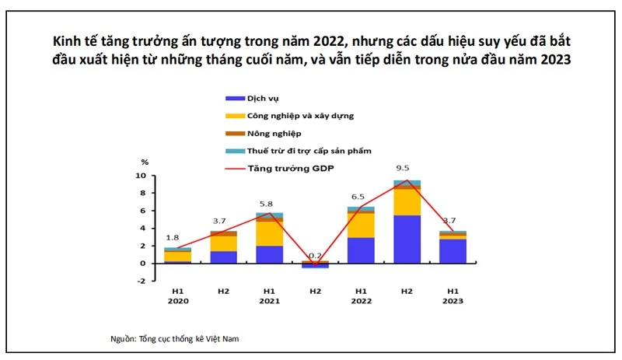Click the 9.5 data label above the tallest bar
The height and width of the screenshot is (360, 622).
[x=402, y=167]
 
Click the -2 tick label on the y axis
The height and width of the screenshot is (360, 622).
[x=142, y=281]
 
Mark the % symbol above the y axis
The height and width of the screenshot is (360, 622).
[x=145, y=163]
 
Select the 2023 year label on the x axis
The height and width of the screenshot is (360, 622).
[x=452, y=302]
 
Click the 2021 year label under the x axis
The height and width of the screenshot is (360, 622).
[x=268, y=302]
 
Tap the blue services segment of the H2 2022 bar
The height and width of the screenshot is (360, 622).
[x=407, y=239]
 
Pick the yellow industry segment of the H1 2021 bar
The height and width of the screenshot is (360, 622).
[x=270, y=233]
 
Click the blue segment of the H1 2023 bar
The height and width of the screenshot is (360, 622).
[x=452, y=251]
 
